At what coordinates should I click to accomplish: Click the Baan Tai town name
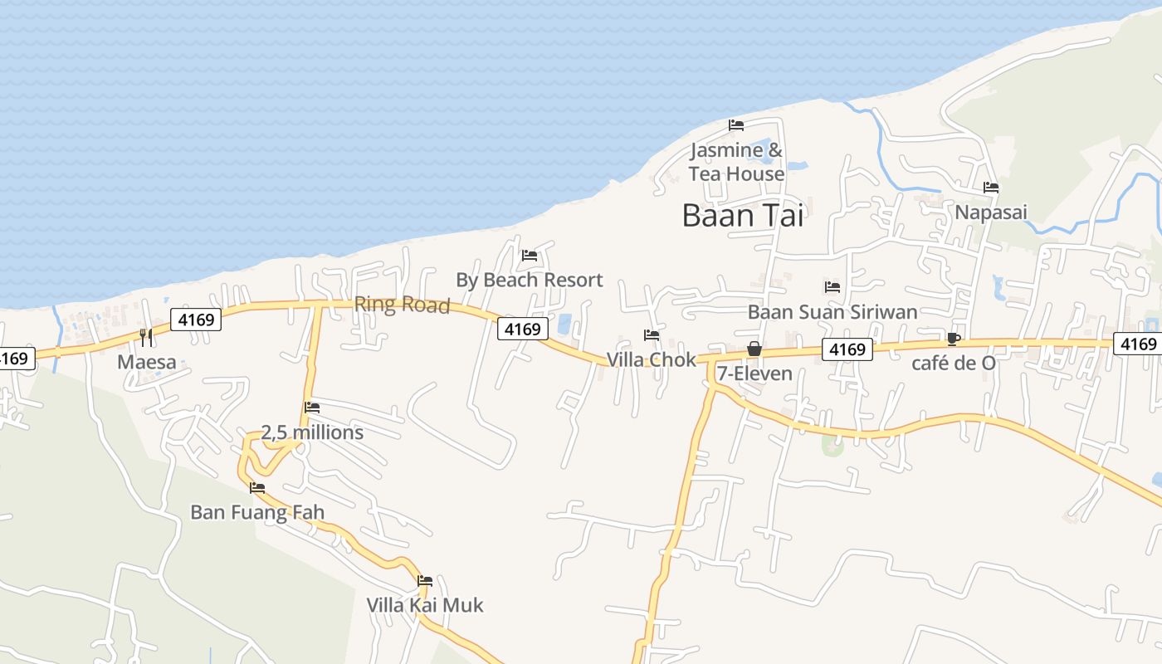coord(742,216)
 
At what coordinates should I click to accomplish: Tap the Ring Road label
coord(402,305)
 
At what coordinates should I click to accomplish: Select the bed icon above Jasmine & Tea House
coord(736,125)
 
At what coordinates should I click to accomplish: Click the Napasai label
coord(990,212)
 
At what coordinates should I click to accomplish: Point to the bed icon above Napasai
coord(990,188)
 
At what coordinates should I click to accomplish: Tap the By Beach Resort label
coord(529,280)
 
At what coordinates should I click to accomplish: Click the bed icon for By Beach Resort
coord(530,256)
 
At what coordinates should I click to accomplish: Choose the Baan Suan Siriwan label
coord(832,312)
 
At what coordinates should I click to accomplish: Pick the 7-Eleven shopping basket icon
coord(754,349)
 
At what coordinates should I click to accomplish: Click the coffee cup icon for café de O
coord(954,339)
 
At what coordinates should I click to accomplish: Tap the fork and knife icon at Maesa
coord(146,337)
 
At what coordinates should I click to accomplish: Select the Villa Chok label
coord(652,359)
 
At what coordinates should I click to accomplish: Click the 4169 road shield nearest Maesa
coord(196,320)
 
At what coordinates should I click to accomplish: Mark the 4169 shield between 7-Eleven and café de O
coord(847,350)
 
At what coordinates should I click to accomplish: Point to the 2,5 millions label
coord(312,432)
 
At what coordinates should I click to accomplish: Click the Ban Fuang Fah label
coord(257,512)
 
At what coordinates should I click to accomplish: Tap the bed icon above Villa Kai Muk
coord(425,581)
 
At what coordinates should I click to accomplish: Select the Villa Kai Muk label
coord(425,605)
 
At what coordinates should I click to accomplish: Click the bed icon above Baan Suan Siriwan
coord(832,287)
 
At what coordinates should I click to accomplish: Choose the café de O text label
coord(954,363)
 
